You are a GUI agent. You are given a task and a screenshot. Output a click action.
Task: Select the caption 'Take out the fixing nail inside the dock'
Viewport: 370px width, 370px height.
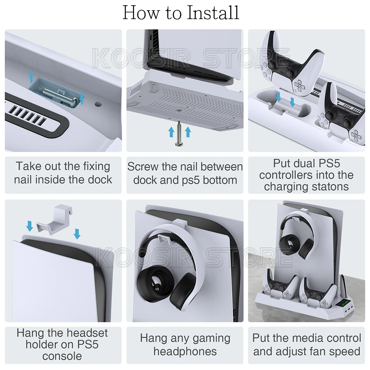point(63,173)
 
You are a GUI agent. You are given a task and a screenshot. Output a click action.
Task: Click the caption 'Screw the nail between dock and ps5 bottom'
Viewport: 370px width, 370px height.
point(185,173)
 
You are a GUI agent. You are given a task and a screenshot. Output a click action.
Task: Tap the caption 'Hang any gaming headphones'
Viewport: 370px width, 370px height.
point(185,345)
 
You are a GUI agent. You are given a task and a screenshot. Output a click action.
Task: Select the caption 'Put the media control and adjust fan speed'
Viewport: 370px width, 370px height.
point(307,345)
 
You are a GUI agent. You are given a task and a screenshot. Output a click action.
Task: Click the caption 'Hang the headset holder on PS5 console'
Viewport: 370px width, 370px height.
point(63,345)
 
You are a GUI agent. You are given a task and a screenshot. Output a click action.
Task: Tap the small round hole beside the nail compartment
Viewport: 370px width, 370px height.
point(98,104)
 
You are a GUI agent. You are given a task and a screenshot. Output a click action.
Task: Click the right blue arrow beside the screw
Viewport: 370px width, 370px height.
point(188,132)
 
